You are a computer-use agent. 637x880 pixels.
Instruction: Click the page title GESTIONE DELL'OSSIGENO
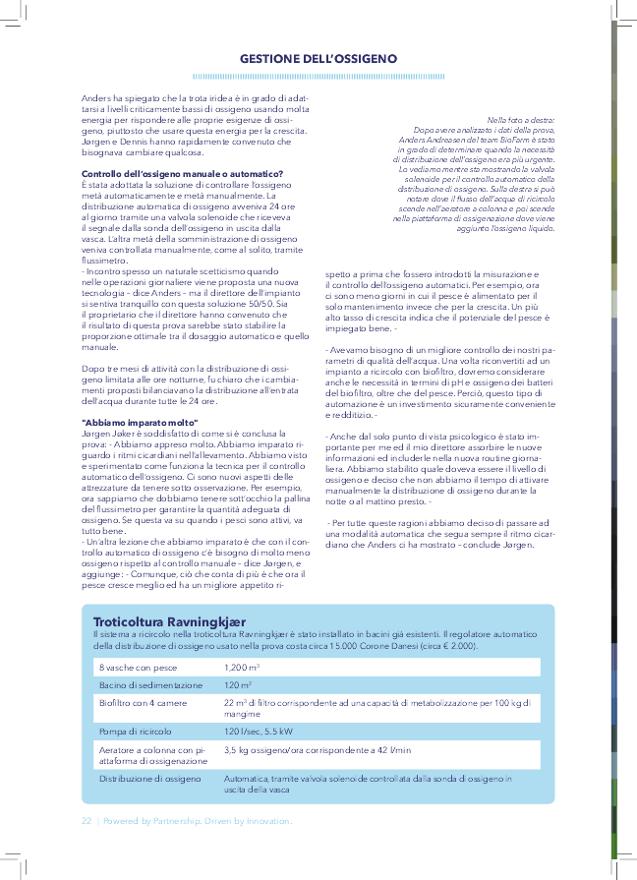(x=318, y=59)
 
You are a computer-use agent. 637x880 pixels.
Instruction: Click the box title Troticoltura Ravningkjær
(x=169, y=621)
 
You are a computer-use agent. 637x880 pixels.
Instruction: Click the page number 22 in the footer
(x=87, y=820)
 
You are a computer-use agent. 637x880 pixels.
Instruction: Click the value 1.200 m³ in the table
(x=242, y=668)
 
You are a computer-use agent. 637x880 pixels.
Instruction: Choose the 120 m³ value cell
(x=238, y=684)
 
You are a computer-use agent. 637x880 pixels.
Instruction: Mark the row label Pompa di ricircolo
(x=136, y=732)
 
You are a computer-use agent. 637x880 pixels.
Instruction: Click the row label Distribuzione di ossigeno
(x=149, y=778)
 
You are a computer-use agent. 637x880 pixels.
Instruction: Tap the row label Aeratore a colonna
(x=142, y=749)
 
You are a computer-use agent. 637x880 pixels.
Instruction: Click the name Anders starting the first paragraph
(x=94, y=99)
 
